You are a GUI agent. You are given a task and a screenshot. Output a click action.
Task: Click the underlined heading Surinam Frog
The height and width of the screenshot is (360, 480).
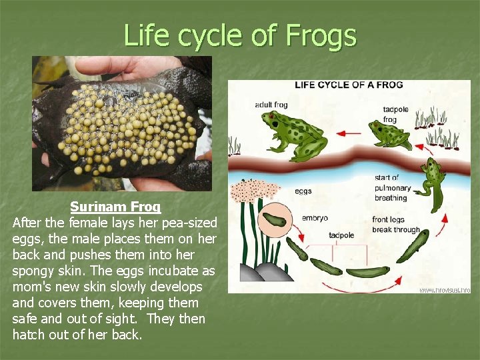[x=115, y=207]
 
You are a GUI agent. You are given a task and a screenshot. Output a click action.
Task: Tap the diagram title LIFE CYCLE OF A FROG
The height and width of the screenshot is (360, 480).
[x=349, y=85]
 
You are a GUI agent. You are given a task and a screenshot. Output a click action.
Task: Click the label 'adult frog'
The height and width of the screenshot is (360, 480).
[x=271, y=105]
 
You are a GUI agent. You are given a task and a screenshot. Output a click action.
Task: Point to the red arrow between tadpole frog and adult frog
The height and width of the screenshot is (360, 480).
[x=347, y=133]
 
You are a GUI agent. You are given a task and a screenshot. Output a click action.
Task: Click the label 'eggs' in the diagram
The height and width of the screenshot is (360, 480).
[x=303, y=191]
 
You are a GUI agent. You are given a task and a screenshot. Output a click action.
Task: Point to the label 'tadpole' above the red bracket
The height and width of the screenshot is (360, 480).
[x=341, y=235]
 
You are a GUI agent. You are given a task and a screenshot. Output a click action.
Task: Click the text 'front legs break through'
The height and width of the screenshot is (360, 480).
[x=396, y=225]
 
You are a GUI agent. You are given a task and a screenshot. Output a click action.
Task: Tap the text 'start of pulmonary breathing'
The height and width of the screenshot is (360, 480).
[x=391, y=188]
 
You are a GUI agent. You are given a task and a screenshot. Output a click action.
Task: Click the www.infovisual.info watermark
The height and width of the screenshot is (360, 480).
[x=445, y=289]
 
